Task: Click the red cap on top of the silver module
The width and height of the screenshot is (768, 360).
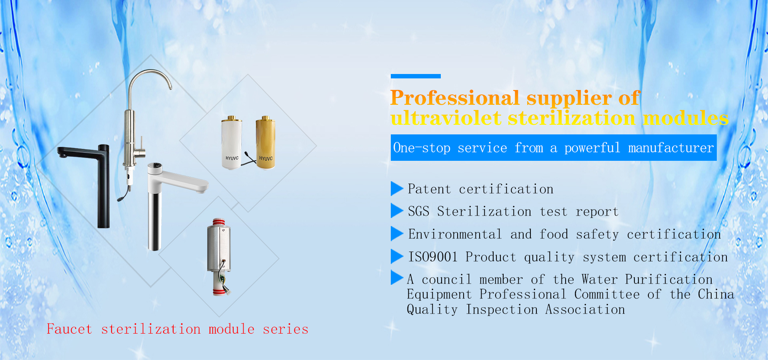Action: click(218, 222)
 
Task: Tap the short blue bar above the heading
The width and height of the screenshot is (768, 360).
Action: click(416, 76)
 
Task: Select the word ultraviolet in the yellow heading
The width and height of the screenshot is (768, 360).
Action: click(446, 118)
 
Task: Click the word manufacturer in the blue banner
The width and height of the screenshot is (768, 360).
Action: click(671, 148)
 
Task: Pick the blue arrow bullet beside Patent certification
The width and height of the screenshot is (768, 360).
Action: click(397, 188)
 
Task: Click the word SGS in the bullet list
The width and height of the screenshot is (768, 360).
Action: click(418, 211)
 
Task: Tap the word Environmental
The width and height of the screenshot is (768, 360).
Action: click(455, 234)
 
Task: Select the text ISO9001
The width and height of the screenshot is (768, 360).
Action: click(433, 257)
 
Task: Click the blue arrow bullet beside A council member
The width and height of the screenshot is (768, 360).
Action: click(397, 278)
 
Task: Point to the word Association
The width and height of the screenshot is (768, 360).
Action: click(585, 310)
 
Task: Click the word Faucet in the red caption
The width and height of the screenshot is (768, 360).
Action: click(69, 329)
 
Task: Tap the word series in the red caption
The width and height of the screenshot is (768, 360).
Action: click(286, 329)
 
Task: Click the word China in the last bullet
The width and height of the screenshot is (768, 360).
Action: click(716, 294)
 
